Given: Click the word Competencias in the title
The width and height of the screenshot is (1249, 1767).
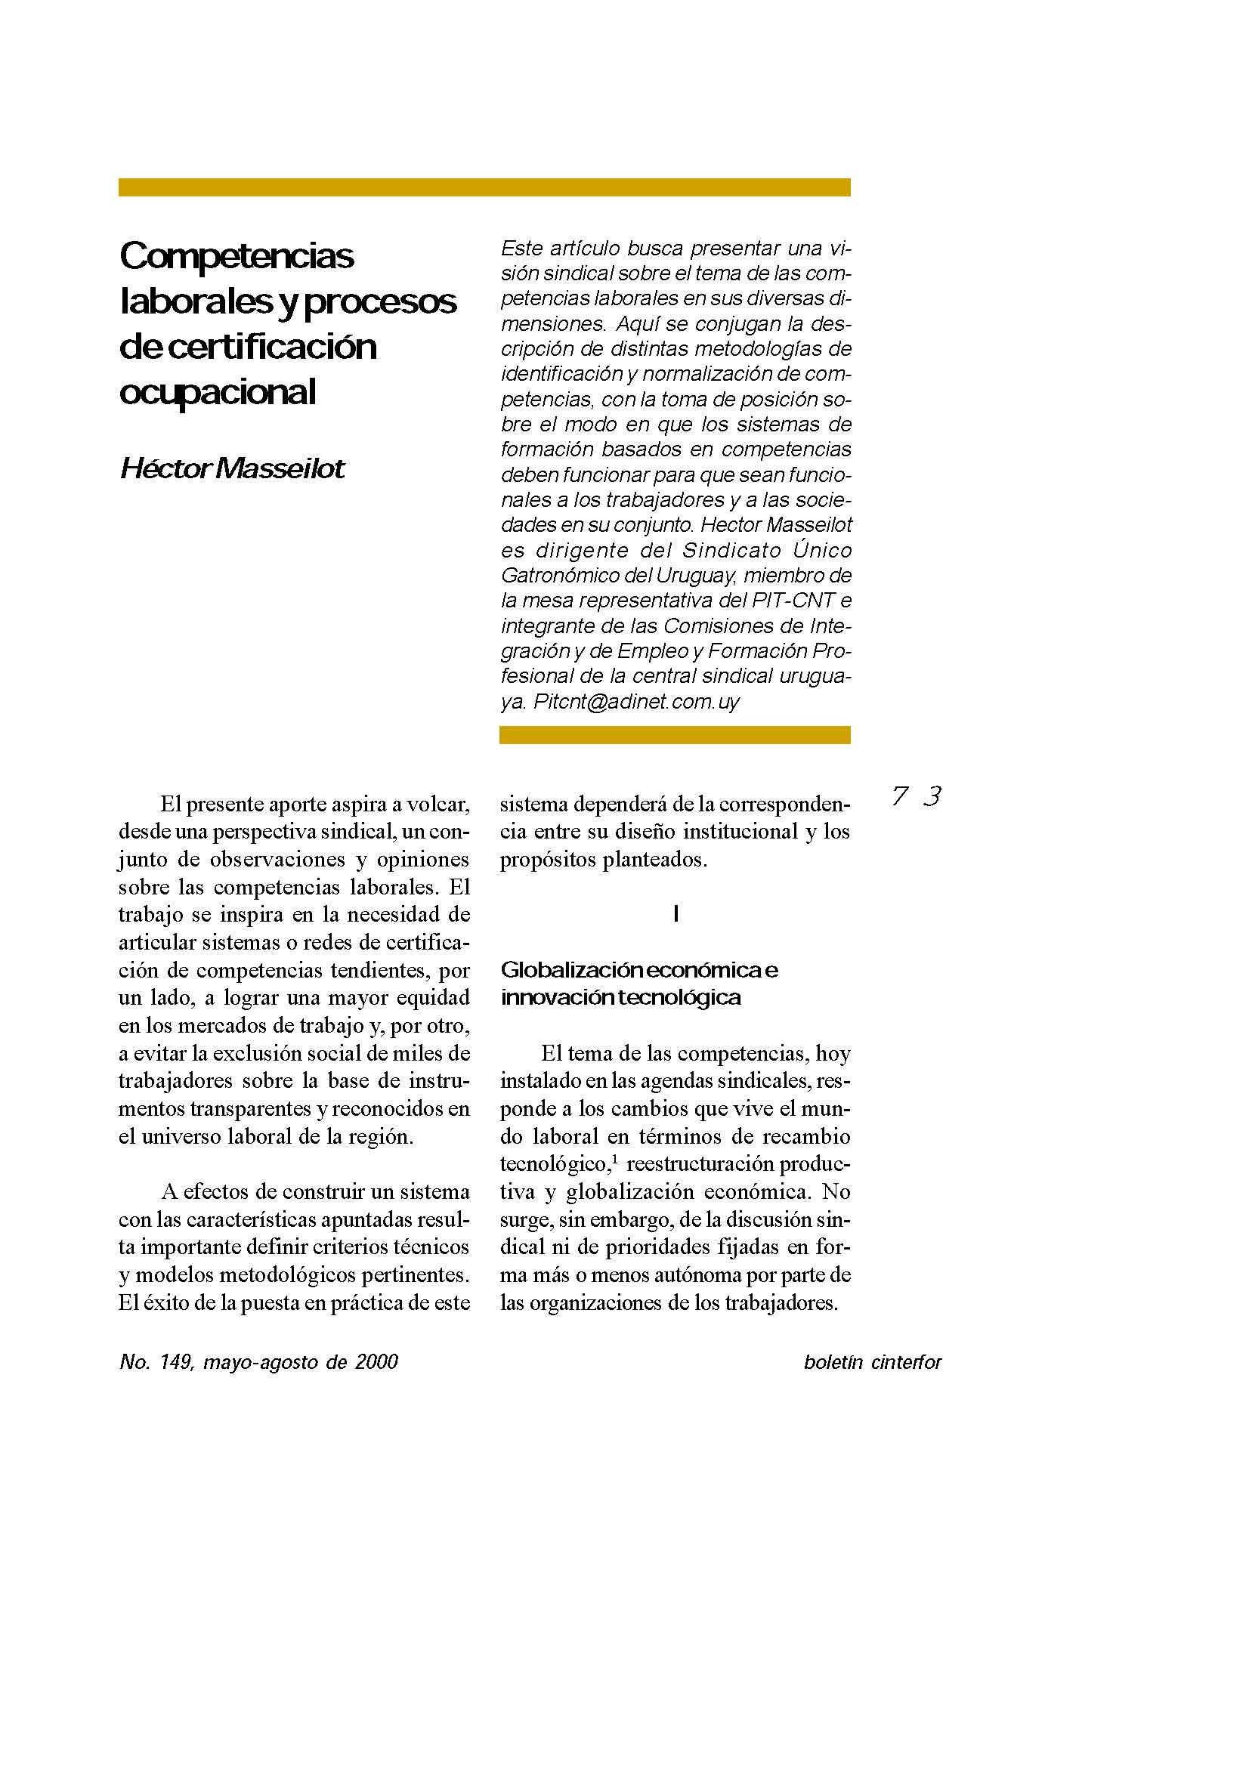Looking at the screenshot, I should (237, 255).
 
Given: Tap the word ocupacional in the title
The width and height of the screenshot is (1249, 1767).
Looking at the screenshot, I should (218, 392).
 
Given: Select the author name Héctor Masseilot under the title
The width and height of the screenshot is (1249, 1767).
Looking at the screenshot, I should (233, 468).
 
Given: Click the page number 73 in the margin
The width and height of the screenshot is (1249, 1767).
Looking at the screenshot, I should (916, 795).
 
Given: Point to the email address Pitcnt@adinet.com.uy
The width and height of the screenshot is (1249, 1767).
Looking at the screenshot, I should (636, 701).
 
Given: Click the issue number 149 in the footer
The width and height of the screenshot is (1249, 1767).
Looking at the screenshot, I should (176, 1362).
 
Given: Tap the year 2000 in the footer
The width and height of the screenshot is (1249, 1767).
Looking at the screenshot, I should (376, 1362).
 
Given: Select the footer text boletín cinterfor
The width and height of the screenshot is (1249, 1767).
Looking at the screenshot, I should (872, 1362).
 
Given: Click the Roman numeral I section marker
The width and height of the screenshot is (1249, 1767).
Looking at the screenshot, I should (675, 913).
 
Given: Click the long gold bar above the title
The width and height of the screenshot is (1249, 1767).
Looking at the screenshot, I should (484, 187).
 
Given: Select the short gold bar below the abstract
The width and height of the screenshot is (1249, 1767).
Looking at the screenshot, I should (675, 735).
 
